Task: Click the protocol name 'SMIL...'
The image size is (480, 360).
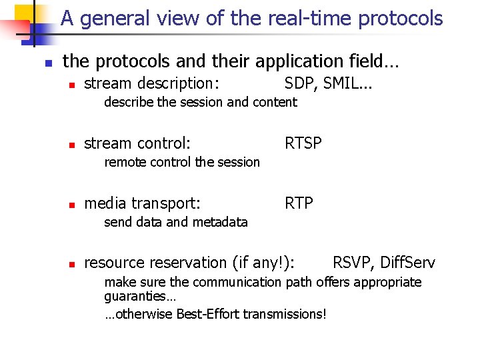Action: pos(349,83)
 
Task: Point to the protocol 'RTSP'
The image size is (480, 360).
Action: pos(303,143)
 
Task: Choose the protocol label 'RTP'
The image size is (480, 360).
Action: pos(299,203)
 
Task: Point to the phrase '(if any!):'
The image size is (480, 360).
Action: pos(265,263)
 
